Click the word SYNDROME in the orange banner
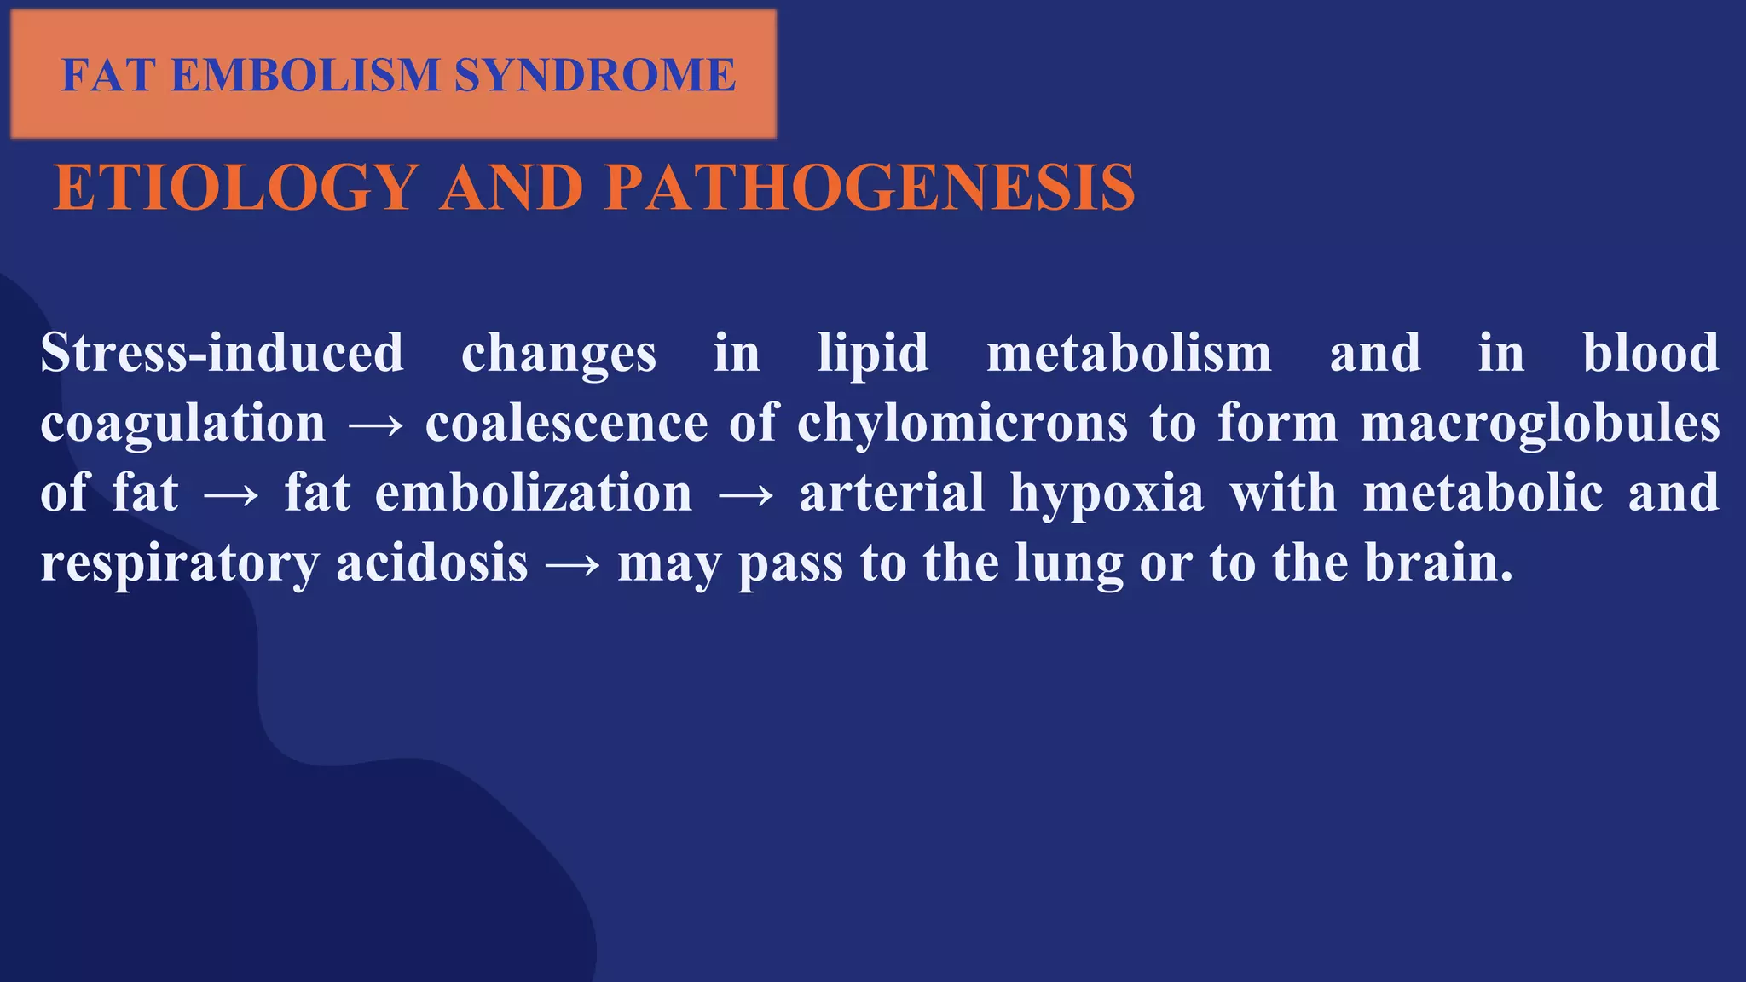(594, 75)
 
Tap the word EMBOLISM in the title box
(305, 75)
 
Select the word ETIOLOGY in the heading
(236, 188)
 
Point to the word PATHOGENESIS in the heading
(873, 188)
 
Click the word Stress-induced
(222, 353)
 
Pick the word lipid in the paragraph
(872, 355)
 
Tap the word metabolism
(1129, 353)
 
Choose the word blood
(1651, 353)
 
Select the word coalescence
(566, 424)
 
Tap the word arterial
(892, 494)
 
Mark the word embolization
(534, 494)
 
